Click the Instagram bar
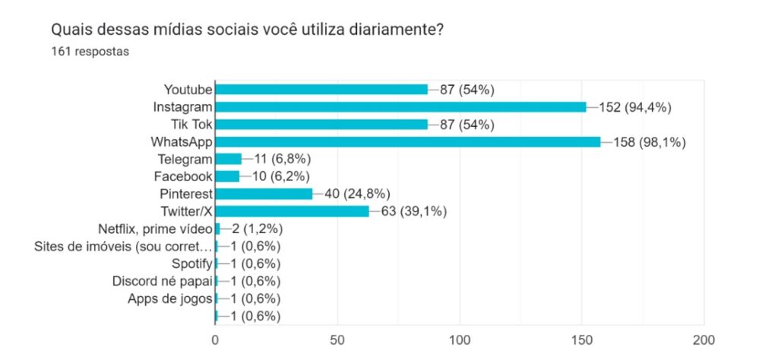pyautogui.click(x=400, y=107)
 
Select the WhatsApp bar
pyautogui.click(x=407, y=141)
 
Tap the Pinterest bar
pyautogui.click(x=264, y=194)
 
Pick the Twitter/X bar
pyautogui.click(x=292, y=211)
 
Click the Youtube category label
pyautogui.click(x=188, y=90)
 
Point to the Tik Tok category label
pyautogui.click(x=191, y=125)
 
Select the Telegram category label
pyautogui.click(x=185, y=159)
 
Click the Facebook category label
pyautogui.click(x=184, y=176)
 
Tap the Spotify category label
pyautogui.click(x=192, y=264)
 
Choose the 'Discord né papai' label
pyautogui.click(x=161, y=281)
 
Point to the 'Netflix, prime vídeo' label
pyautogui.click(x=155, y=229)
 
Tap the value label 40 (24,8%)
pyautogui.click(x=358, y=194)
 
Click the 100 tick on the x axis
pyautogui.click(x=460, y=339)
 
